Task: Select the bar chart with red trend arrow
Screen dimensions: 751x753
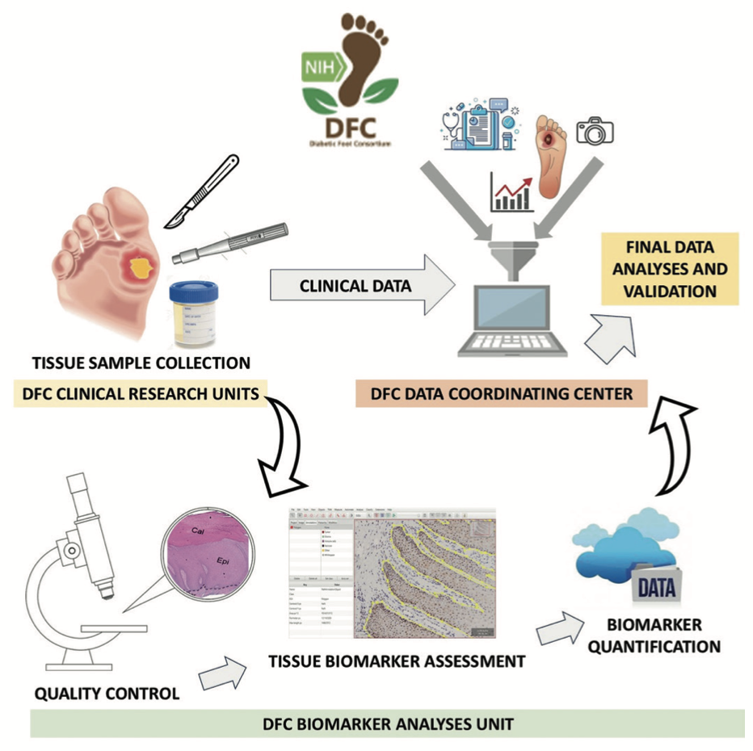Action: (x=511, y=191)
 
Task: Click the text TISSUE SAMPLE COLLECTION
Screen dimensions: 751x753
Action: (x=141, y=362)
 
